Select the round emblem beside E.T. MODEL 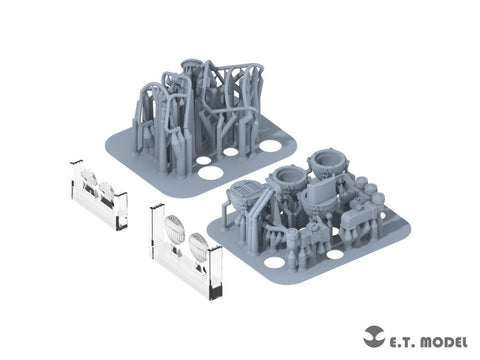tap(374, 336)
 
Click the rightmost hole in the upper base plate tap(270, 145)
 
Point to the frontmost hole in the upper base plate tap(210, 173)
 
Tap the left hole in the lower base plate tap(274, 262)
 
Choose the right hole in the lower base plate tap(335, 255)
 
